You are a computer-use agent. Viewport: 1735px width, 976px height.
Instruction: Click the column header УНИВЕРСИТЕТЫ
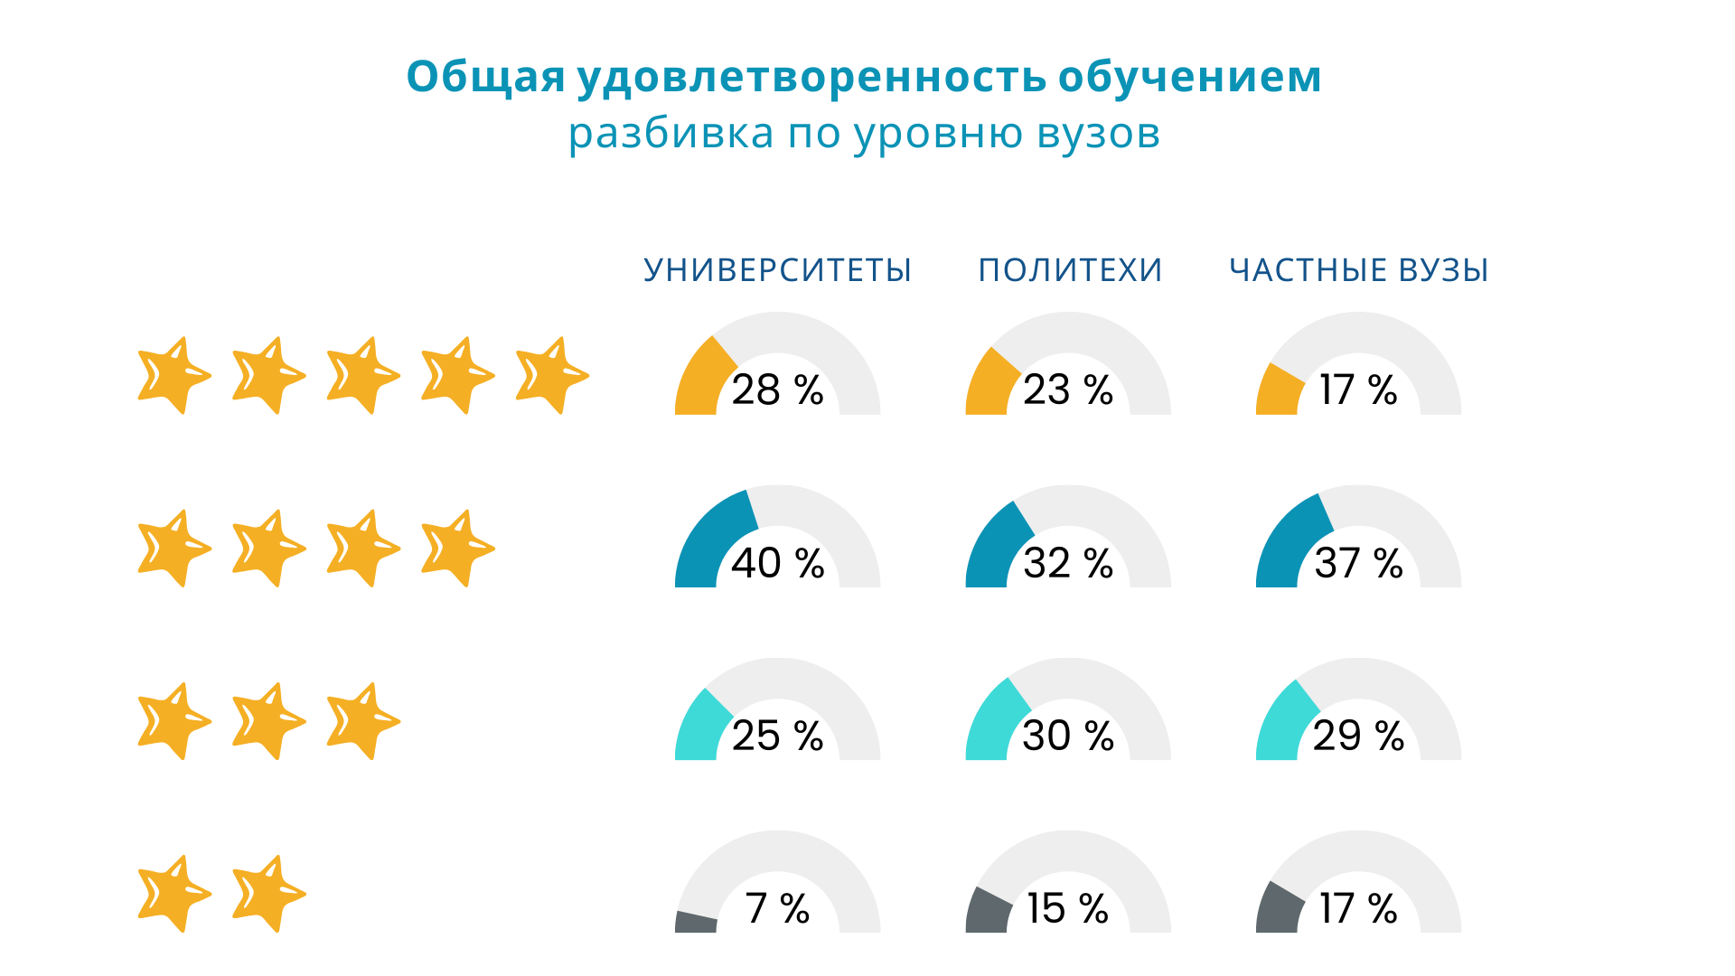(x=777, y=270)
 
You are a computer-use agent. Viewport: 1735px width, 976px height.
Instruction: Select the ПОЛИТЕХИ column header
(x=1070, y=270)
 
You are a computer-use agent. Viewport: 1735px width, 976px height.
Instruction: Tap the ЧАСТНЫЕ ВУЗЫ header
(x=1358, y=270)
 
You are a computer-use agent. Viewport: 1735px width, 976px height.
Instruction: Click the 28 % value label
(x=777, y=390)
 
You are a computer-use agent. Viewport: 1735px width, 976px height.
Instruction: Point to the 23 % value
(x=1068, y=390)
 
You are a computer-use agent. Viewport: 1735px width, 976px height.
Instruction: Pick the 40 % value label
(x=777, y=563)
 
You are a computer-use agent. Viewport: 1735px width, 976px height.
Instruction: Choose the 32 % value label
(x=1068, y=563)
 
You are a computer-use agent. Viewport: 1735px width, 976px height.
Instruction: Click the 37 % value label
(x=1358, y=563)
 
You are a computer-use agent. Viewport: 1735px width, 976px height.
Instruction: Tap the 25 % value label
(x=777, y=736)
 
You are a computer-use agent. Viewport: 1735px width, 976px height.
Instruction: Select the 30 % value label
(x=1068, y=736)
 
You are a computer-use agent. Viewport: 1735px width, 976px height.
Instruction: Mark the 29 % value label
(x=1358, y=736)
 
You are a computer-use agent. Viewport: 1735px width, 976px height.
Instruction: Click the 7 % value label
(x=777, y=908)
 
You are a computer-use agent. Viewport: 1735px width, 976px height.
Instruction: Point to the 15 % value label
(x=1068, y=908)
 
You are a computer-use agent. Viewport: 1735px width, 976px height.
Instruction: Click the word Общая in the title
(x=485, y=77)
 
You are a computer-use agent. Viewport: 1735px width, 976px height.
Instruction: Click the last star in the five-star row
(x=550, y=375)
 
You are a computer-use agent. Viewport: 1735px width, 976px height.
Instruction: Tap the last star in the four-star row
(x=456, y=548)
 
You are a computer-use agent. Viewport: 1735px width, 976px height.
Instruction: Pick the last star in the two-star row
(x=267, y=894)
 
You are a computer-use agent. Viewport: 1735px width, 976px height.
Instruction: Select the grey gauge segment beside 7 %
(x=696, y=922)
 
